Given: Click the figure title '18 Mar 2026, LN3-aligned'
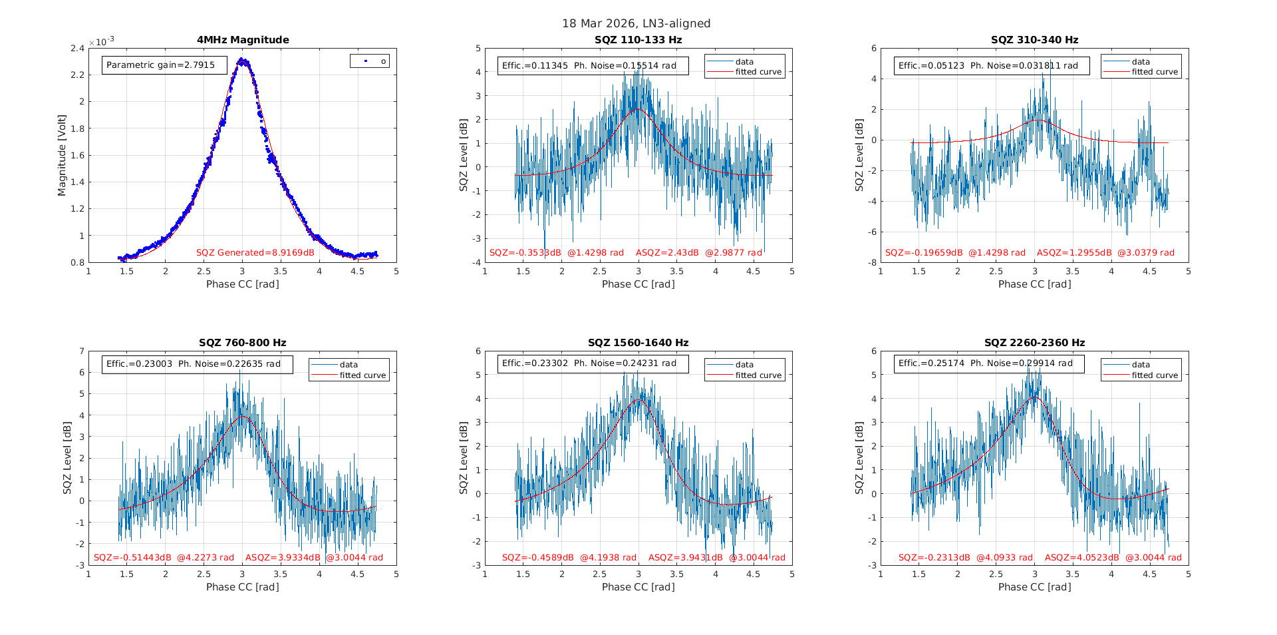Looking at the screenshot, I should click(x=636, y=23).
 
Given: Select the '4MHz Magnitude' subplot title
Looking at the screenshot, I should click(x=243, y=40).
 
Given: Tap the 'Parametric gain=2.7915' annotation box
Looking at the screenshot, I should click(x=164, y=65).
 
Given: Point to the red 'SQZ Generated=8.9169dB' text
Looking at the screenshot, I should click(x=255, y=252).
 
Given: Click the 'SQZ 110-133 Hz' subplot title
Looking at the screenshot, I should click(x=638, y=40).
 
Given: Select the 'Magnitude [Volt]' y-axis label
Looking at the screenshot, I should click(x=62, y=155).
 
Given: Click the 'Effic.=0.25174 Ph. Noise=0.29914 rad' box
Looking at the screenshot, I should click(x=988, y=363).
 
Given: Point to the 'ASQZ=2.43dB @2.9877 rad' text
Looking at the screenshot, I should click(x=698, y=253).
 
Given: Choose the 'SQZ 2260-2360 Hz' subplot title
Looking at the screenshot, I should click(x=1034, y=343).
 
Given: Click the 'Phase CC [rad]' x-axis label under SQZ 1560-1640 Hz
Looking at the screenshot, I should click(x=638, y=587).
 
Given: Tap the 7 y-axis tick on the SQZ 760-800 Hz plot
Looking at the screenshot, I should click(x=82, y=351).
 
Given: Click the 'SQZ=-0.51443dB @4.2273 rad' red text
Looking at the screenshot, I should click(x=164, y=558).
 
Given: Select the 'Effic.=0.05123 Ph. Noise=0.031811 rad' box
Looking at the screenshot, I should click(x=991, y=65).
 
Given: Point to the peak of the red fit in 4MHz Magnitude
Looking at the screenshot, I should click(x=243, y=60).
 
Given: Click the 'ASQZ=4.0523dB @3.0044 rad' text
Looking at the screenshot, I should click(x=1113, y=558).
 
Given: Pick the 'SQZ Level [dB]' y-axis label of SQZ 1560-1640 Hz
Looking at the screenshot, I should click(x=464, y=458).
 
